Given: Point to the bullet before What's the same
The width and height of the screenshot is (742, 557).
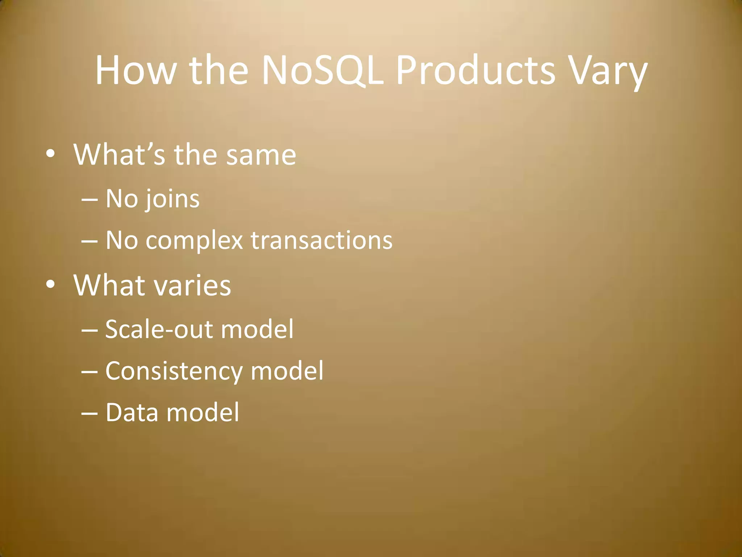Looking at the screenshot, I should (x=50, y=155).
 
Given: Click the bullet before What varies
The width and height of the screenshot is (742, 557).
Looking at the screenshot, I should (x=50, y=285).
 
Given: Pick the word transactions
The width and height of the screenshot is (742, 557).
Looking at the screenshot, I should (x=322, y=240).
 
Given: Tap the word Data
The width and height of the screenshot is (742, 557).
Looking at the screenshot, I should (x=132, y=412).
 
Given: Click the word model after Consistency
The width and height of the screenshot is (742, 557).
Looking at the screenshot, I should (x=287, y=371).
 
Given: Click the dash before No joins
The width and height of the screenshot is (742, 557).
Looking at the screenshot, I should (x=89, y=200).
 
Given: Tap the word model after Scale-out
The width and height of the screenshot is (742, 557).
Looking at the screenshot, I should (x=257, y=329).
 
